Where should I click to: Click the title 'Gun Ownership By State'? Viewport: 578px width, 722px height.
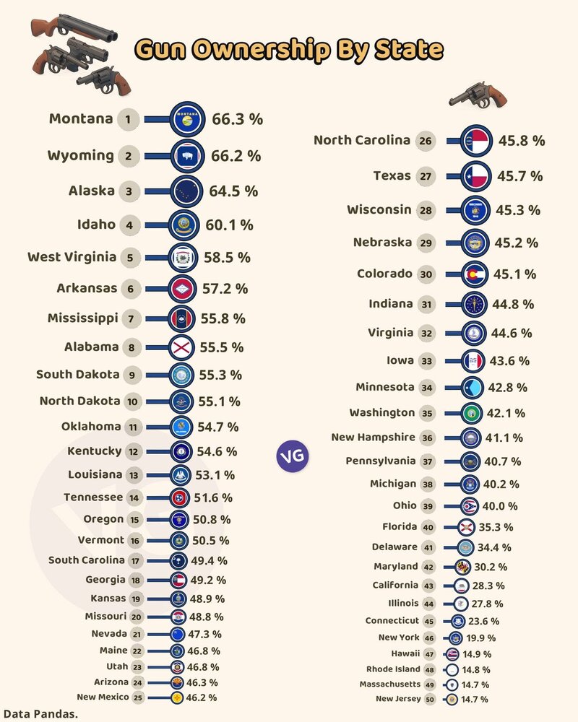pos(289,50)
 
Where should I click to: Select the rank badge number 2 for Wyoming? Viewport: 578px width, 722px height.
pos(128,156)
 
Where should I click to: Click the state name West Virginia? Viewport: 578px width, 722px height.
pos(72,257)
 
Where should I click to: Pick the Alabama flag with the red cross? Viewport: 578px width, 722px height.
pos(180,347)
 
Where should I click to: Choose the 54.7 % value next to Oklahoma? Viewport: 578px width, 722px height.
pos(218,427)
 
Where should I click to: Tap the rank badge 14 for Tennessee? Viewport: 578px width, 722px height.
pos(134,498)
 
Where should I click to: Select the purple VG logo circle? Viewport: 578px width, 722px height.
pos(293,456)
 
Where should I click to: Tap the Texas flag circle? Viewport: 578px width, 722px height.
pos(476,175)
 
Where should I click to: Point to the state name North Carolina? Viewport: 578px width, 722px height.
pos(361,141)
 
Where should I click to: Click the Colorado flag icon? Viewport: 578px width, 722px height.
pos(475,274)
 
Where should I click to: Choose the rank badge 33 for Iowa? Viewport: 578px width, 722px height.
pos(426,361)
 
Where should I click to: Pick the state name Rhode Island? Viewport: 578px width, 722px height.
pos(399,669)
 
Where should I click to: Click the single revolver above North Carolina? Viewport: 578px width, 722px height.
pos(478,94)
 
